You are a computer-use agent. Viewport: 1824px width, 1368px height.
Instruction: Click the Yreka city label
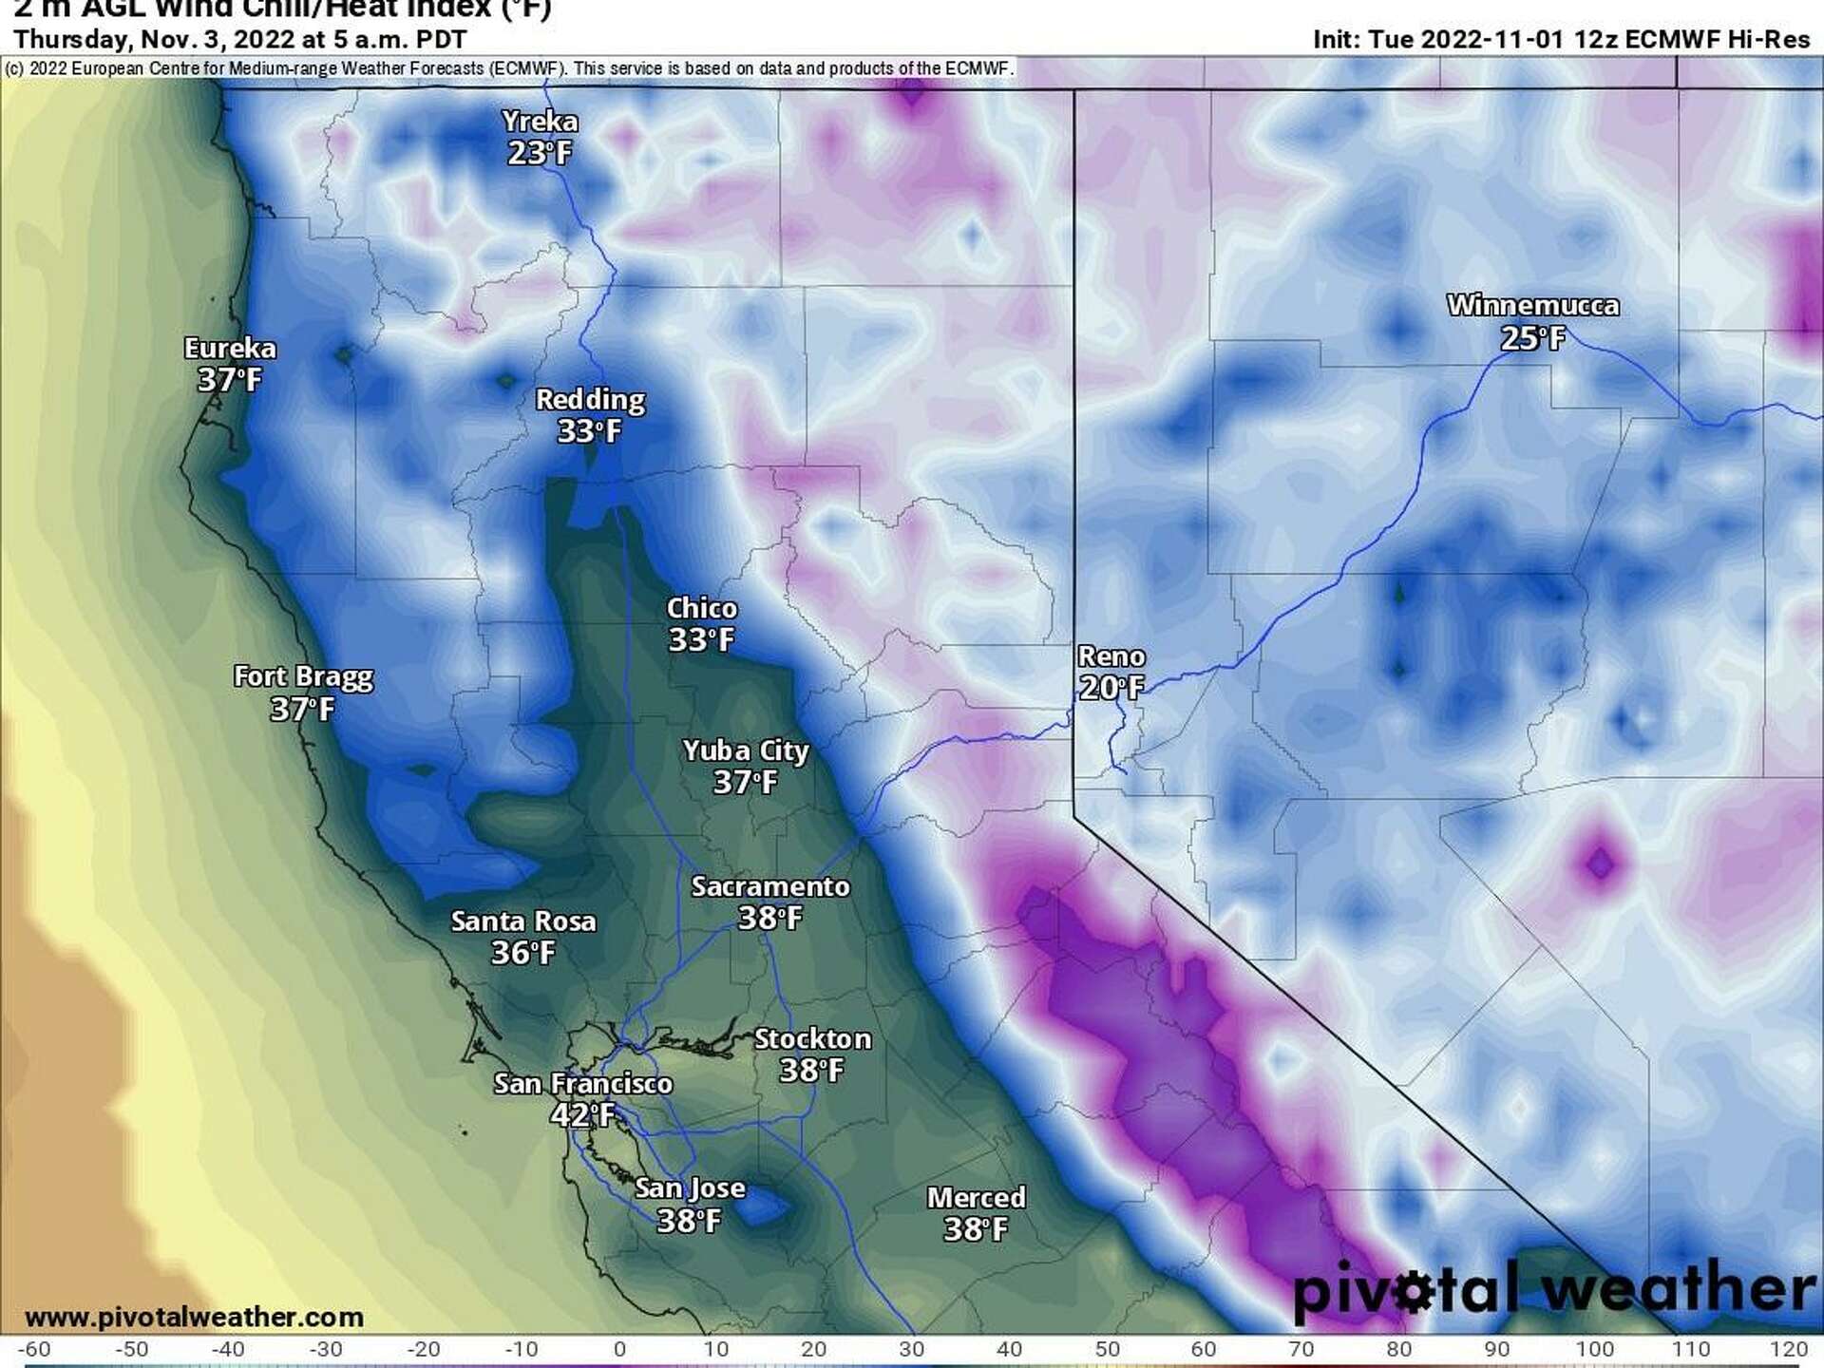click(540, 122)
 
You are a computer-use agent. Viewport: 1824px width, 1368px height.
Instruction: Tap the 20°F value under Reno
click(1111, 688)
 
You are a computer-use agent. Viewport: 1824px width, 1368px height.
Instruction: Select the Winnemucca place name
click(1532, 306)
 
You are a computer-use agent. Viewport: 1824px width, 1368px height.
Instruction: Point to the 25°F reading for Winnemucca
click(1531, 338)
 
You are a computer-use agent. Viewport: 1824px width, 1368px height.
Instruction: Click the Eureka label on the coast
click(230, 349)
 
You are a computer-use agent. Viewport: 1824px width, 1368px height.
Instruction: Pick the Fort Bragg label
click(303, 677)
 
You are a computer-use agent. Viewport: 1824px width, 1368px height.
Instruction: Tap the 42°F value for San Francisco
click(581, 1115)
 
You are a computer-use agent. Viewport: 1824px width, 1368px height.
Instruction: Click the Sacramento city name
click(769, 887)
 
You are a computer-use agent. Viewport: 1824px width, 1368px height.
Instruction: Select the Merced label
click(976, 1198)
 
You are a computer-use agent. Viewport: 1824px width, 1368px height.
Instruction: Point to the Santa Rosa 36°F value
click(522, 953)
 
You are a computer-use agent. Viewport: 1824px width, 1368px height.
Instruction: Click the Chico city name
click(701, 609)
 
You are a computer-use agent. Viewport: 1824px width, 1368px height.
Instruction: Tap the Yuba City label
click(746, 751)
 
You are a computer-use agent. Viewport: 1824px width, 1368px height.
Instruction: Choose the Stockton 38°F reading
click(811, 1071)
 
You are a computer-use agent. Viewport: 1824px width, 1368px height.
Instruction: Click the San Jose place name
click(690, 1188)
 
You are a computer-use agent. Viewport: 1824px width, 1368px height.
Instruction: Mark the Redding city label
click(590, 400)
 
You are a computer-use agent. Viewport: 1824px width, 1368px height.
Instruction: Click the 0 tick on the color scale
click(619, 1349)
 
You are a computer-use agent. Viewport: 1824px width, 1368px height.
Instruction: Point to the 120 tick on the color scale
click(1789, 1349)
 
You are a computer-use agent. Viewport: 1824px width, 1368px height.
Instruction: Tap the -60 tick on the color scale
click(34, 1349)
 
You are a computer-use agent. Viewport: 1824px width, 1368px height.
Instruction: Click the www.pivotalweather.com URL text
click(194, 1318)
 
